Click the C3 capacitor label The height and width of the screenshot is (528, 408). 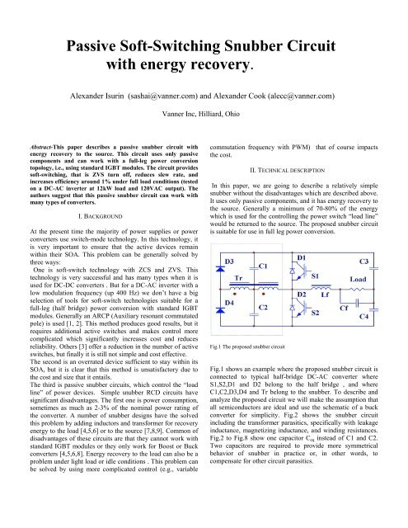pyautogui.click(x=383, y=238)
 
